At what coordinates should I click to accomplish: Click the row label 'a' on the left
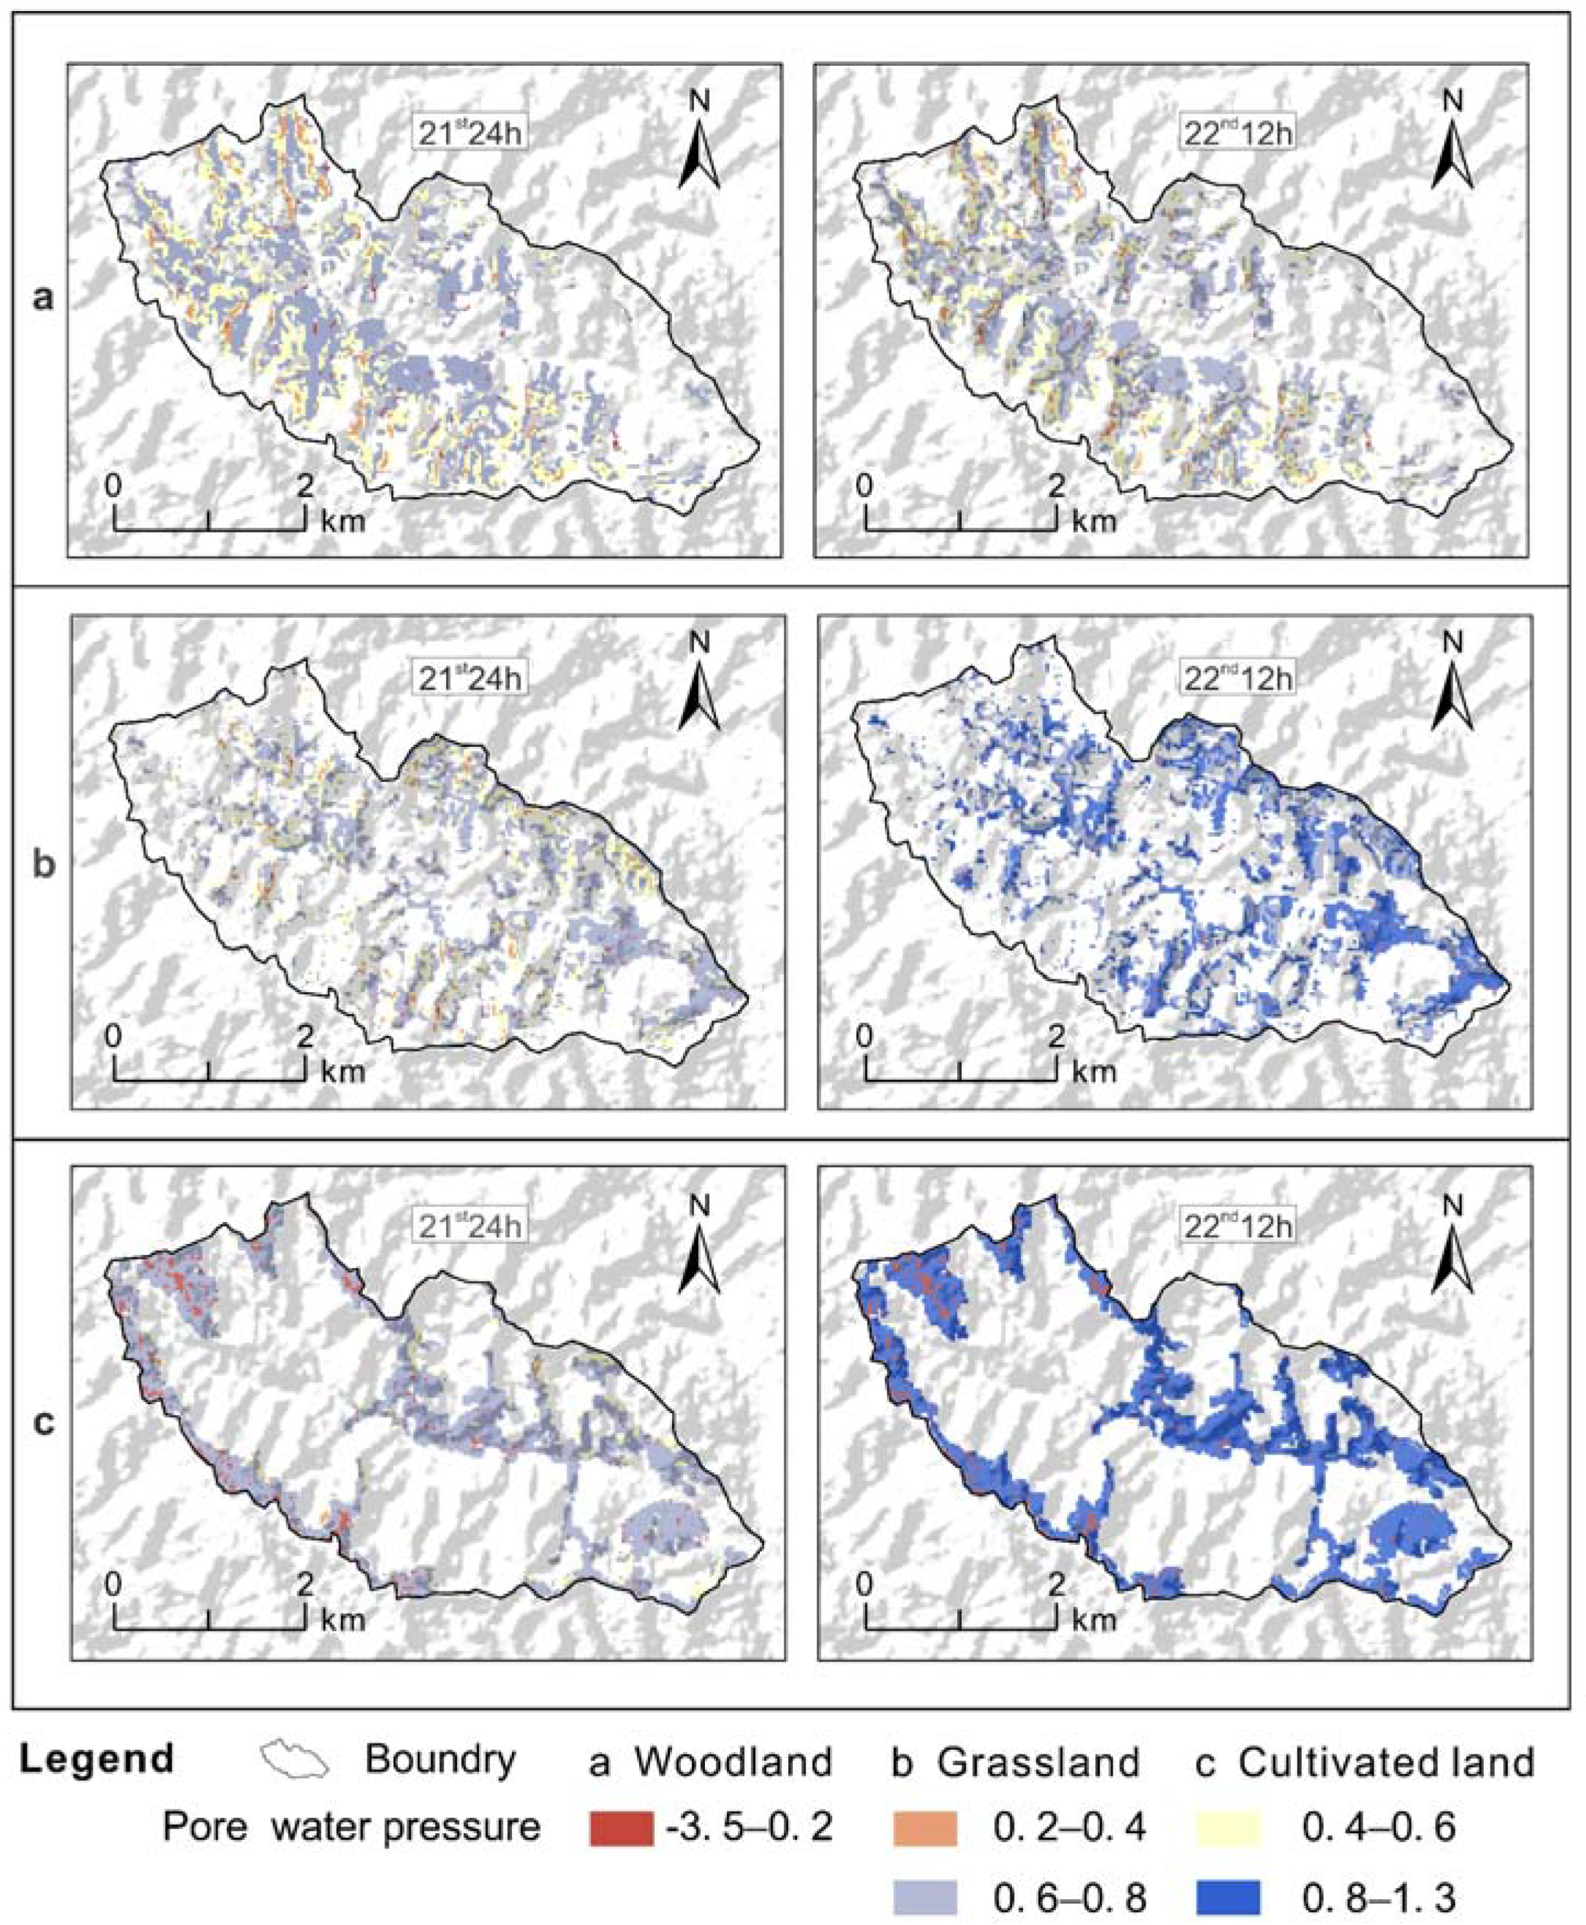click(43, 298)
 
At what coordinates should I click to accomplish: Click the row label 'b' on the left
click(43, 863)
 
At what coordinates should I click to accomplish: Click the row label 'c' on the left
click(43, 1421)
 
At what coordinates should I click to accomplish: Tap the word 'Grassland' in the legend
click(1039, 1760)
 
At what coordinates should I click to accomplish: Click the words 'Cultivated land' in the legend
click(1386, 1760)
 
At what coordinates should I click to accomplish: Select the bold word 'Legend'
click(97, 1758)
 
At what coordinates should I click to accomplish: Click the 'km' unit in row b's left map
click(343, 1071)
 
